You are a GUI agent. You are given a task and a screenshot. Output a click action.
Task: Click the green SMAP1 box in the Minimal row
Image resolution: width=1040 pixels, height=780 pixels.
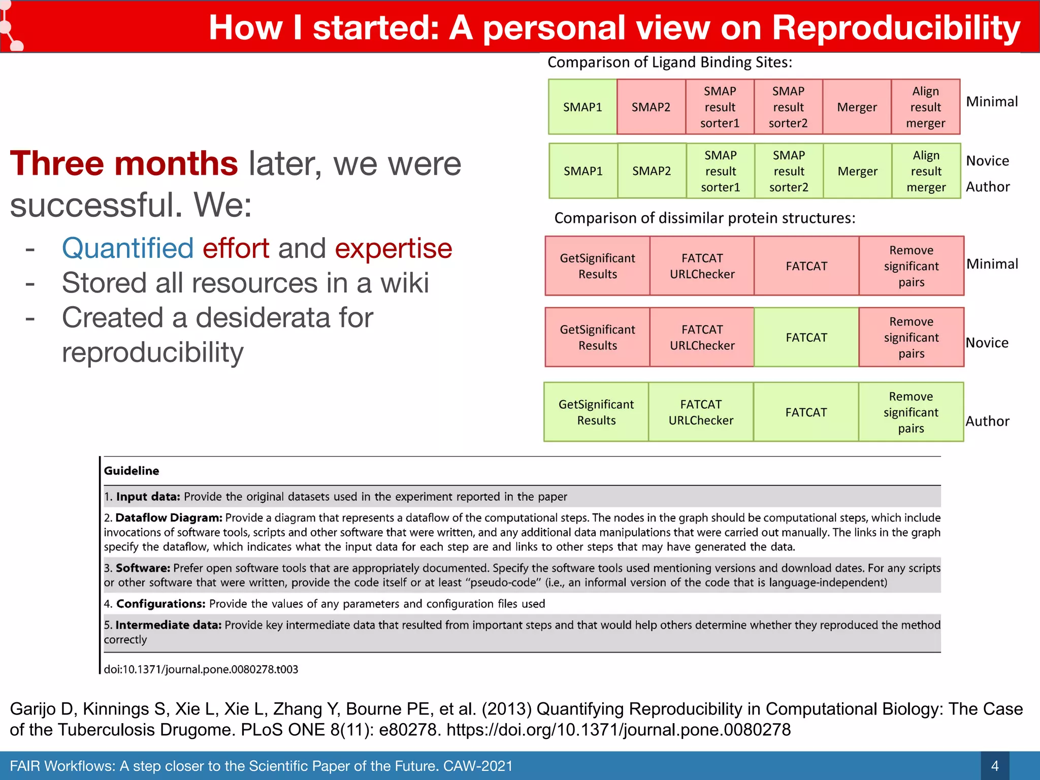click(x=582, y=107)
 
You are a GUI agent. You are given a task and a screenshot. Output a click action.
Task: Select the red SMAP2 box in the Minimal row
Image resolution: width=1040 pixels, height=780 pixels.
click(x=651, y=107)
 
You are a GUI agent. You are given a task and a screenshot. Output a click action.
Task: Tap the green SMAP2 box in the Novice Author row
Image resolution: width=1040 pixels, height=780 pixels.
click(x=652, y=171)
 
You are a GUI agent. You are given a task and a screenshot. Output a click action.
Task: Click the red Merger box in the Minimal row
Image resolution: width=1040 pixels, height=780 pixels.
click(x=857, y=107)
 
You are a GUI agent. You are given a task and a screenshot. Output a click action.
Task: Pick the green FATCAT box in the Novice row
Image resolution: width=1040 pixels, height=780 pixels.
click(x=806, y=337)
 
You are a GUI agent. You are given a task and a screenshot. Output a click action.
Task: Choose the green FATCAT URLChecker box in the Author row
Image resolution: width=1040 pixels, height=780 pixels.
click(x=701, y=412)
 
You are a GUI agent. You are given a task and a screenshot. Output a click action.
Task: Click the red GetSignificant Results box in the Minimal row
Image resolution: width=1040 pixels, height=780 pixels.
click(x=597, y=266)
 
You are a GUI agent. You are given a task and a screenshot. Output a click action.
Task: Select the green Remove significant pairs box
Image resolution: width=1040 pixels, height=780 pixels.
click(x=911, y=412)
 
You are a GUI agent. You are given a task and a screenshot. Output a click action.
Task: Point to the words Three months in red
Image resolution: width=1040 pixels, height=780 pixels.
click(x=124, y=164)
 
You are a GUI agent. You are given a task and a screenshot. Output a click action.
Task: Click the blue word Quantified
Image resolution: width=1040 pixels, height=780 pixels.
click(x=127, y=248)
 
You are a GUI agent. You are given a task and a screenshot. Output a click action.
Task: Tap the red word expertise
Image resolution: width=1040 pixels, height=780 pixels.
click(x=393, y=248)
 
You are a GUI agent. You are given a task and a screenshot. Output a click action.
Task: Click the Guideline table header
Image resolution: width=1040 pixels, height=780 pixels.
click(x=132, y=471)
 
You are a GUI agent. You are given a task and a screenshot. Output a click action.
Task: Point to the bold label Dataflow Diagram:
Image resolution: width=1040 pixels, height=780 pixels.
click(x=169, y=517)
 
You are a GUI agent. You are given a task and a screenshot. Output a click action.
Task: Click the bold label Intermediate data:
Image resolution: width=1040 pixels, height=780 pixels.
click(x=168, y=625)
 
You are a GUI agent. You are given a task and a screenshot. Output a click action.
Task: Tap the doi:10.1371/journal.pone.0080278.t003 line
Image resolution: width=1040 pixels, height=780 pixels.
click(x=201, y=669)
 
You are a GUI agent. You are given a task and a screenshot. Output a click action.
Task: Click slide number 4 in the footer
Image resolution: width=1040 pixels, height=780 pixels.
click(x=994, y=766)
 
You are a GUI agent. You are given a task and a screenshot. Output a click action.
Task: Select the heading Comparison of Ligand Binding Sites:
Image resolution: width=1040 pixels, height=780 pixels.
click(x=669, y=62)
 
